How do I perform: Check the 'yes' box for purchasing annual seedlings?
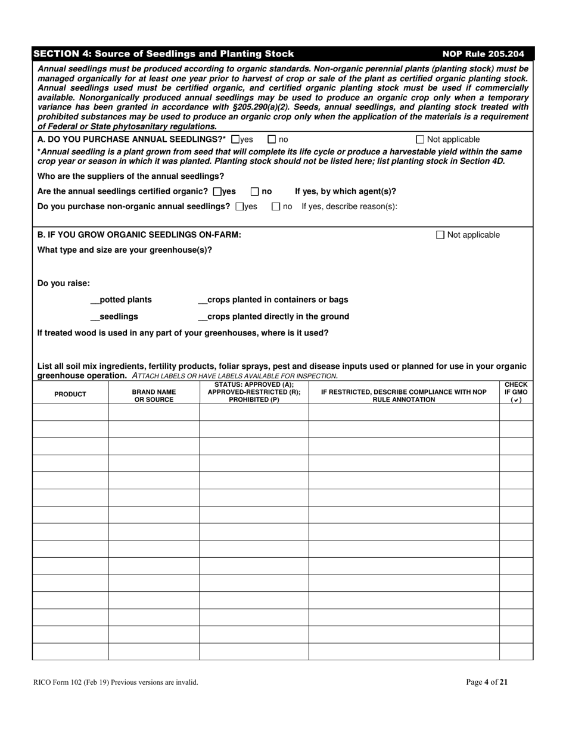coord(235,139)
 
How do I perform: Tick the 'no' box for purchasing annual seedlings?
coord(272,139)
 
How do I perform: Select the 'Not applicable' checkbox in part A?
coord(420,139)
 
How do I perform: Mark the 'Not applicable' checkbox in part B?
coord(440,235)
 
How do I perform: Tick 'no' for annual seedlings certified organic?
coord(254,191)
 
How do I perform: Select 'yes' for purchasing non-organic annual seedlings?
coord(240,207)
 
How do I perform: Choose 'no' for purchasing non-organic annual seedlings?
coord(275,207)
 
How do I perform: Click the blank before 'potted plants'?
coord(94,300)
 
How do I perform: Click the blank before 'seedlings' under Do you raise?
coord(94,316)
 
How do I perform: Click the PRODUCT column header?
coord(70,395)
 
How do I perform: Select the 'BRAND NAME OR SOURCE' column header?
coord(154,395)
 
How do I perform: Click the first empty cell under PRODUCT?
coord(70,412)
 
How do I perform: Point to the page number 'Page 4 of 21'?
coord(487,682)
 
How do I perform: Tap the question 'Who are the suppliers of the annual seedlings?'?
coord(131,176)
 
